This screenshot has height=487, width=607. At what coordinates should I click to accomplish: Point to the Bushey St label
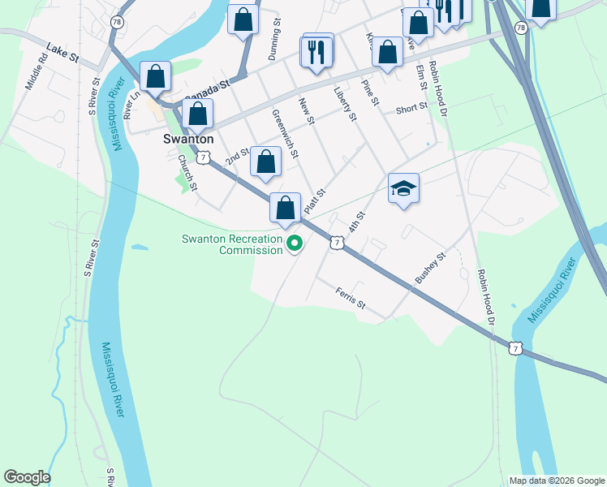(430, 269)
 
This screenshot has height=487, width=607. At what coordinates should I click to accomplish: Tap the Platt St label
(315, 202)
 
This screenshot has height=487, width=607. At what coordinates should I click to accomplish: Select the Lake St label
(62, 53)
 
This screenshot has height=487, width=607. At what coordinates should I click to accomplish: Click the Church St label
(187, 173)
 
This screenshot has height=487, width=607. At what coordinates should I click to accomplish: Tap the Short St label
(411, 110)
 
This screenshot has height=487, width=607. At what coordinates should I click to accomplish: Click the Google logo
(27, 477)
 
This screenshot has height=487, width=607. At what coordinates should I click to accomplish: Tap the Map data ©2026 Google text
(556, 481)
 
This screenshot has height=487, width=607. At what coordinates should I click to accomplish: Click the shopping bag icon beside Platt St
(285, 209)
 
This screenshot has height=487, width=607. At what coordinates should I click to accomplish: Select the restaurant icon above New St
(316, 52)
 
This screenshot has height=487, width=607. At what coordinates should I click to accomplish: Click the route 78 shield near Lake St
(118, 23)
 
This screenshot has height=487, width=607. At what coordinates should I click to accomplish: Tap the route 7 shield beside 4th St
(335, 242)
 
